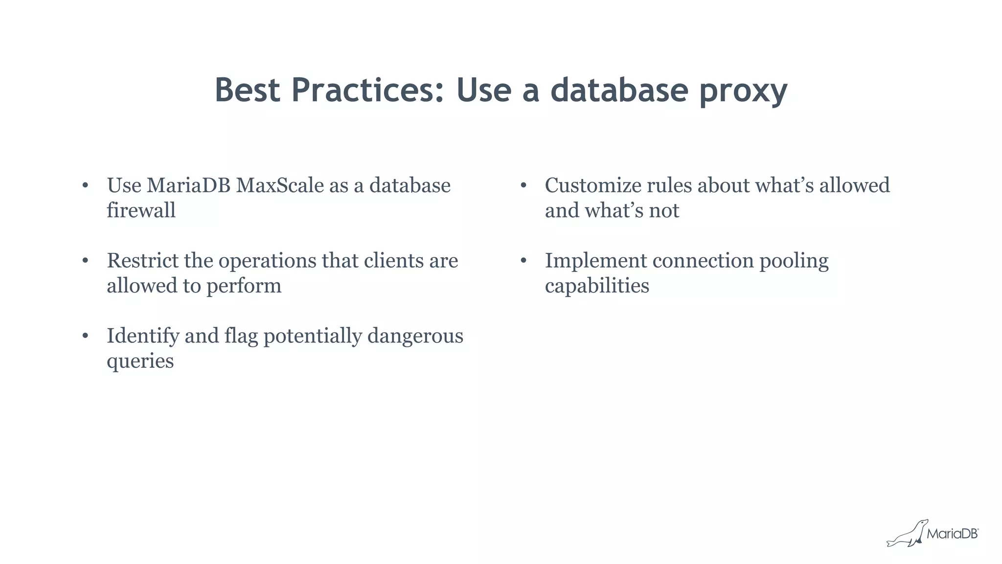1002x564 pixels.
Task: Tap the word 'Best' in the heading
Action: pyautogui.click(x=247, y=90)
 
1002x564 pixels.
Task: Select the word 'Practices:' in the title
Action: pyautogui.click(x=367, y=90)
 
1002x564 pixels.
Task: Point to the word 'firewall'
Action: pyautogui.click(x=141, y=210)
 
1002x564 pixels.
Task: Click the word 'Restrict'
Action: pyautogui.click(x=143, y=261)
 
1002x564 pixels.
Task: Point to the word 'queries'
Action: pyautogui.click(x=140, y=361)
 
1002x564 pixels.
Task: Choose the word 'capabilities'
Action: pyautogui.click(x=597, y=286)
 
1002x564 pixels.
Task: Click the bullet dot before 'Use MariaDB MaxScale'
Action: pyautogui.click(x=85, y=185)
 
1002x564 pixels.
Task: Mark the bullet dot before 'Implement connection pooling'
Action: pyautogui.click(x=523, y=261)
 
